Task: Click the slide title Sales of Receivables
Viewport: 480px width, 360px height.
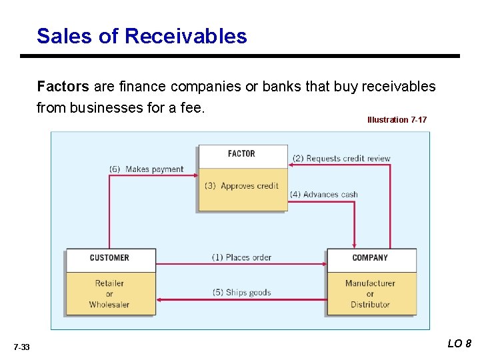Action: pos(141,36)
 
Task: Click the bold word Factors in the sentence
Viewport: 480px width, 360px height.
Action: pos(63,87)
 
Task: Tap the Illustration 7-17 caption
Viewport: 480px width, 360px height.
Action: pos(397,120)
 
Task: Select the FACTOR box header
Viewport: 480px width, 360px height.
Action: pos(241,154)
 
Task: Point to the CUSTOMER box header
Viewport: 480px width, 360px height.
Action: pos(109,258)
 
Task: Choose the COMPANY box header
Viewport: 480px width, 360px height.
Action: pos(370,258)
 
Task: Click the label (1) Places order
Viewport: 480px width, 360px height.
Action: pos(241,257)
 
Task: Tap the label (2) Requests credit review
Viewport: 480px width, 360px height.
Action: pos(341,159)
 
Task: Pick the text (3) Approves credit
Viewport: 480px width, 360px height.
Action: pos(241,186)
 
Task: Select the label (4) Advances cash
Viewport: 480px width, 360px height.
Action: pos(324,195)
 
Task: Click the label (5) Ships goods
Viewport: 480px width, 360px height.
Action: pos(241,293)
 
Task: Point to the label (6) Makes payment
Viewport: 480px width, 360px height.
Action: pos(146,169)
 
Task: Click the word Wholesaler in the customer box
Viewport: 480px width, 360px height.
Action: pos(109,305)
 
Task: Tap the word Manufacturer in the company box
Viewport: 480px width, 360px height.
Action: pos(370,283)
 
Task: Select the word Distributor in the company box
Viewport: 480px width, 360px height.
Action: pos(370,305)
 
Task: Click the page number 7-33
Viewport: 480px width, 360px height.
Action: pos(21,347)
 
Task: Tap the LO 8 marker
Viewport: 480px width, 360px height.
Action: pos(459,344)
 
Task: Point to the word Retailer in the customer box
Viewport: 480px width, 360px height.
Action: pos(109,283)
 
